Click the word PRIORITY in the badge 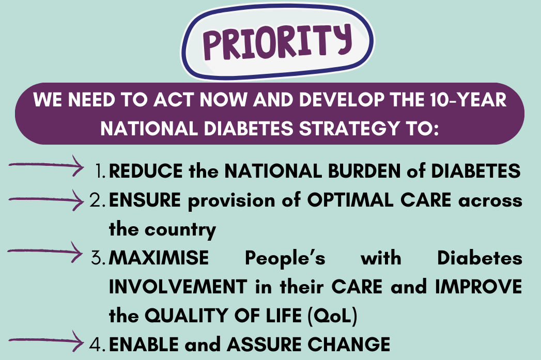(x=277, y=42)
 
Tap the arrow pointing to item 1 (x=46, y=165)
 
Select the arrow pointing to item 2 (x=46, y=200)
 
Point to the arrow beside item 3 (x=45, y=252)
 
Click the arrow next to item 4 (x=46, y=341)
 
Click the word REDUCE (x=146, y=171)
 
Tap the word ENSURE (x=145, y=200)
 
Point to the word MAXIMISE (x=159, y=258)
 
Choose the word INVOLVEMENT (x=178, y=287)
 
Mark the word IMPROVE (x=478, y=287)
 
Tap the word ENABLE (x=144, y=345)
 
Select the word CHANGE (x=349, y=345)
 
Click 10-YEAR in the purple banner (x=468, y=100)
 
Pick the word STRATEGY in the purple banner (x=349, y=129)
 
